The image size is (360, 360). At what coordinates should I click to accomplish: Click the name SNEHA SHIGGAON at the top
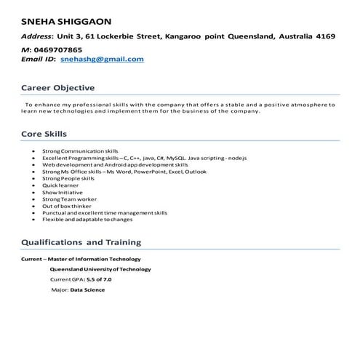65,19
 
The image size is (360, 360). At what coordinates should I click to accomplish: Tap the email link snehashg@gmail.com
102,59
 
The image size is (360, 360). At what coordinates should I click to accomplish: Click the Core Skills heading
44,134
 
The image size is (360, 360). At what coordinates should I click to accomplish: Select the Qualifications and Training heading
81,241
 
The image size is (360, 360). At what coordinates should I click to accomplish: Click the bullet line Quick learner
61,185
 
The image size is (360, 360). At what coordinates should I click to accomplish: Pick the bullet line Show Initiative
63,192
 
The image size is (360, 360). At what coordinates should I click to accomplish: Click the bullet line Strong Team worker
69,199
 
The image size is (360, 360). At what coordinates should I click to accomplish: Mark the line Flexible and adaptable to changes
87,220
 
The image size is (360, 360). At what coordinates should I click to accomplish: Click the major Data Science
87,289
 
